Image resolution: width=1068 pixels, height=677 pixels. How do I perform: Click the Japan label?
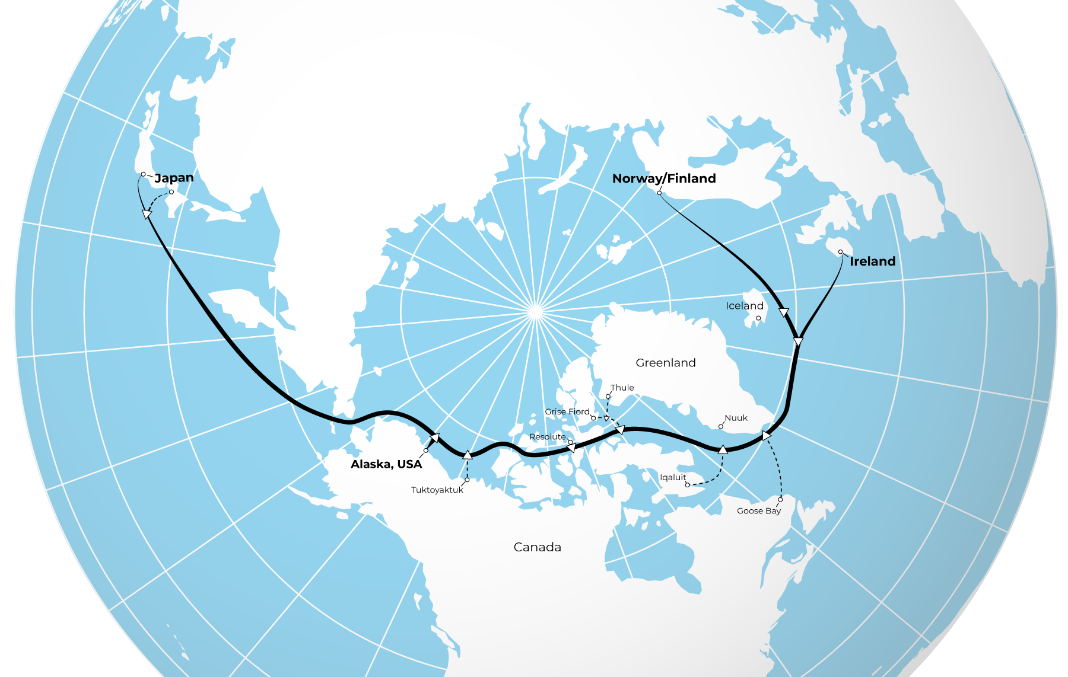point(174,178)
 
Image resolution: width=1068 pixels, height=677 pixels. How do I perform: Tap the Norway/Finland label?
point(664,178)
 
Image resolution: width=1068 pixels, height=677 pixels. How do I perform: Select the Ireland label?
point(872,261)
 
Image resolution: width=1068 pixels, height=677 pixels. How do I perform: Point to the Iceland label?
point(744,306)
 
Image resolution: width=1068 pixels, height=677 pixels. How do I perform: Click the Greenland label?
point(665,363)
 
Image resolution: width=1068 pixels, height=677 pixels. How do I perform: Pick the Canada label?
point(537,547)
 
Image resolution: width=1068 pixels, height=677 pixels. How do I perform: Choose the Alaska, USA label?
point(386,464)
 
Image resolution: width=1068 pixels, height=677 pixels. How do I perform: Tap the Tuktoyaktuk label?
point(437,490)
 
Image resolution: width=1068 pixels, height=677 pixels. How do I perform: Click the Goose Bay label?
point(758,511)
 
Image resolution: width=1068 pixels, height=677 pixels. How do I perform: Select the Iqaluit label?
point(672,477)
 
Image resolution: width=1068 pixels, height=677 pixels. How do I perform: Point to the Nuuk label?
point(736,418)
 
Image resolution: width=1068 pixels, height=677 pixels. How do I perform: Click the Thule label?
point(622,388)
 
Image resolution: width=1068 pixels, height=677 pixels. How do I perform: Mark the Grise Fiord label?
point(567,411)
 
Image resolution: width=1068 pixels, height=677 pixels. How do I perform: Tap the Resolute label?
point(547,437)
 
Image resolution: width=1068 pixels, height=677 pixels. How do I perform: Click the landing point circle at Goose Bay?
point(780,500)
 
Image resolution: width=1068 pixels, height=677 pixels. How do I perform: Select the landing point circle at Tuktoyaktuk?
point(467,480)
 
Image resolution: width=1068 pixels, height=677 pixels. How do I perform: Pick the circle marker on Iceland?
point(758,318)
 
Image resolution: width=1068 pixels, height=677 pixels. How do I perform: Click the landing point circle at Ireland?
point(840,252)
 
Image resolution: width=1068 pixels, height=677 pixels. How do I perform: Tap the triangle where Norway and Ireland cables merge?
point(798,342)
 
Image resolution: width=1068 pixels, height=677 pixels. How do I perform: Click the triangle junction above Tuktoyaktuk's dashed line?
point(468,455)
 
